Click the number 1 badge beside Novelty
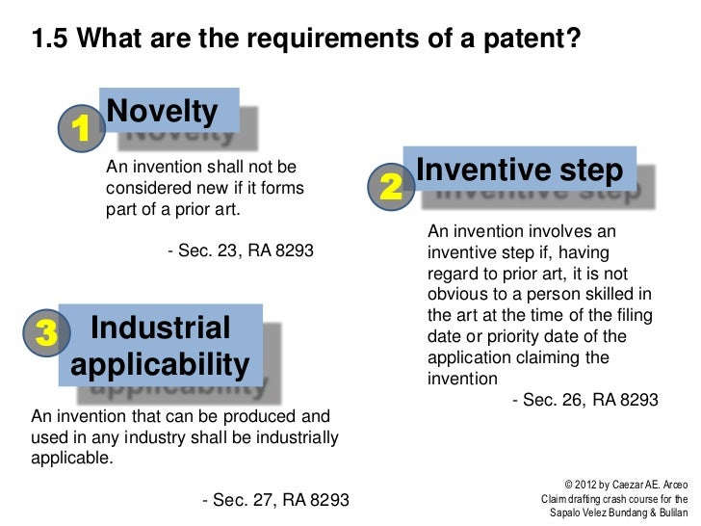pyautogui.click(x=82, y=127)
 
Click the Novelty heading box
pyautogui.click(x=163, y=112)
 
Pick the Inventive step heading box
pyautogui.click(x=520, y=170)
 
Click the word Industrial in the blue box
pyautogui.click(x=160, y=328)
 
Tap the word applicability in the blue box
pyautogui.click(x=160, y=365)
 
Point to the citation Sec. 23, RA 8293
pyautogui.click(x=240, y=251)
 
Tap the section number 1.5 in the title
pyautogui.click(x=50, y=39)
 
